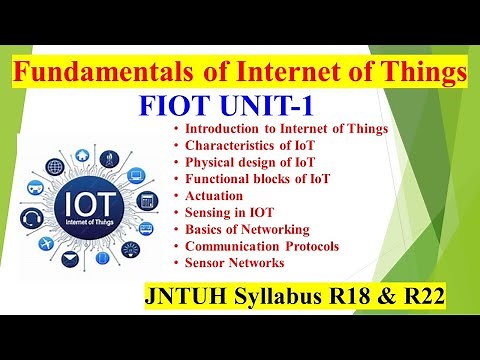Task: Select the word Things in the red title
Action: [x=418, y=73]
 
